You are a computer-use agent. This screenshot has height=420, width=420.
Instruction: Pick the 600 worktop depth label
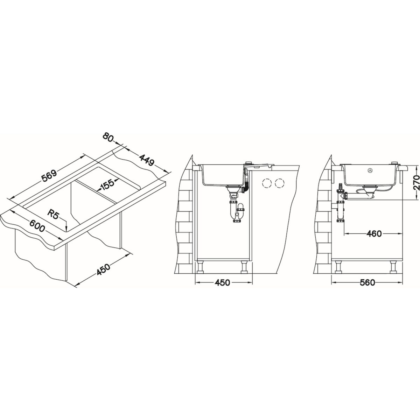37,226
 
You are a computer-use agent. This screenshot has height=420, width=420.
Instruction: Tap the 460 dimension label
374,234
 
